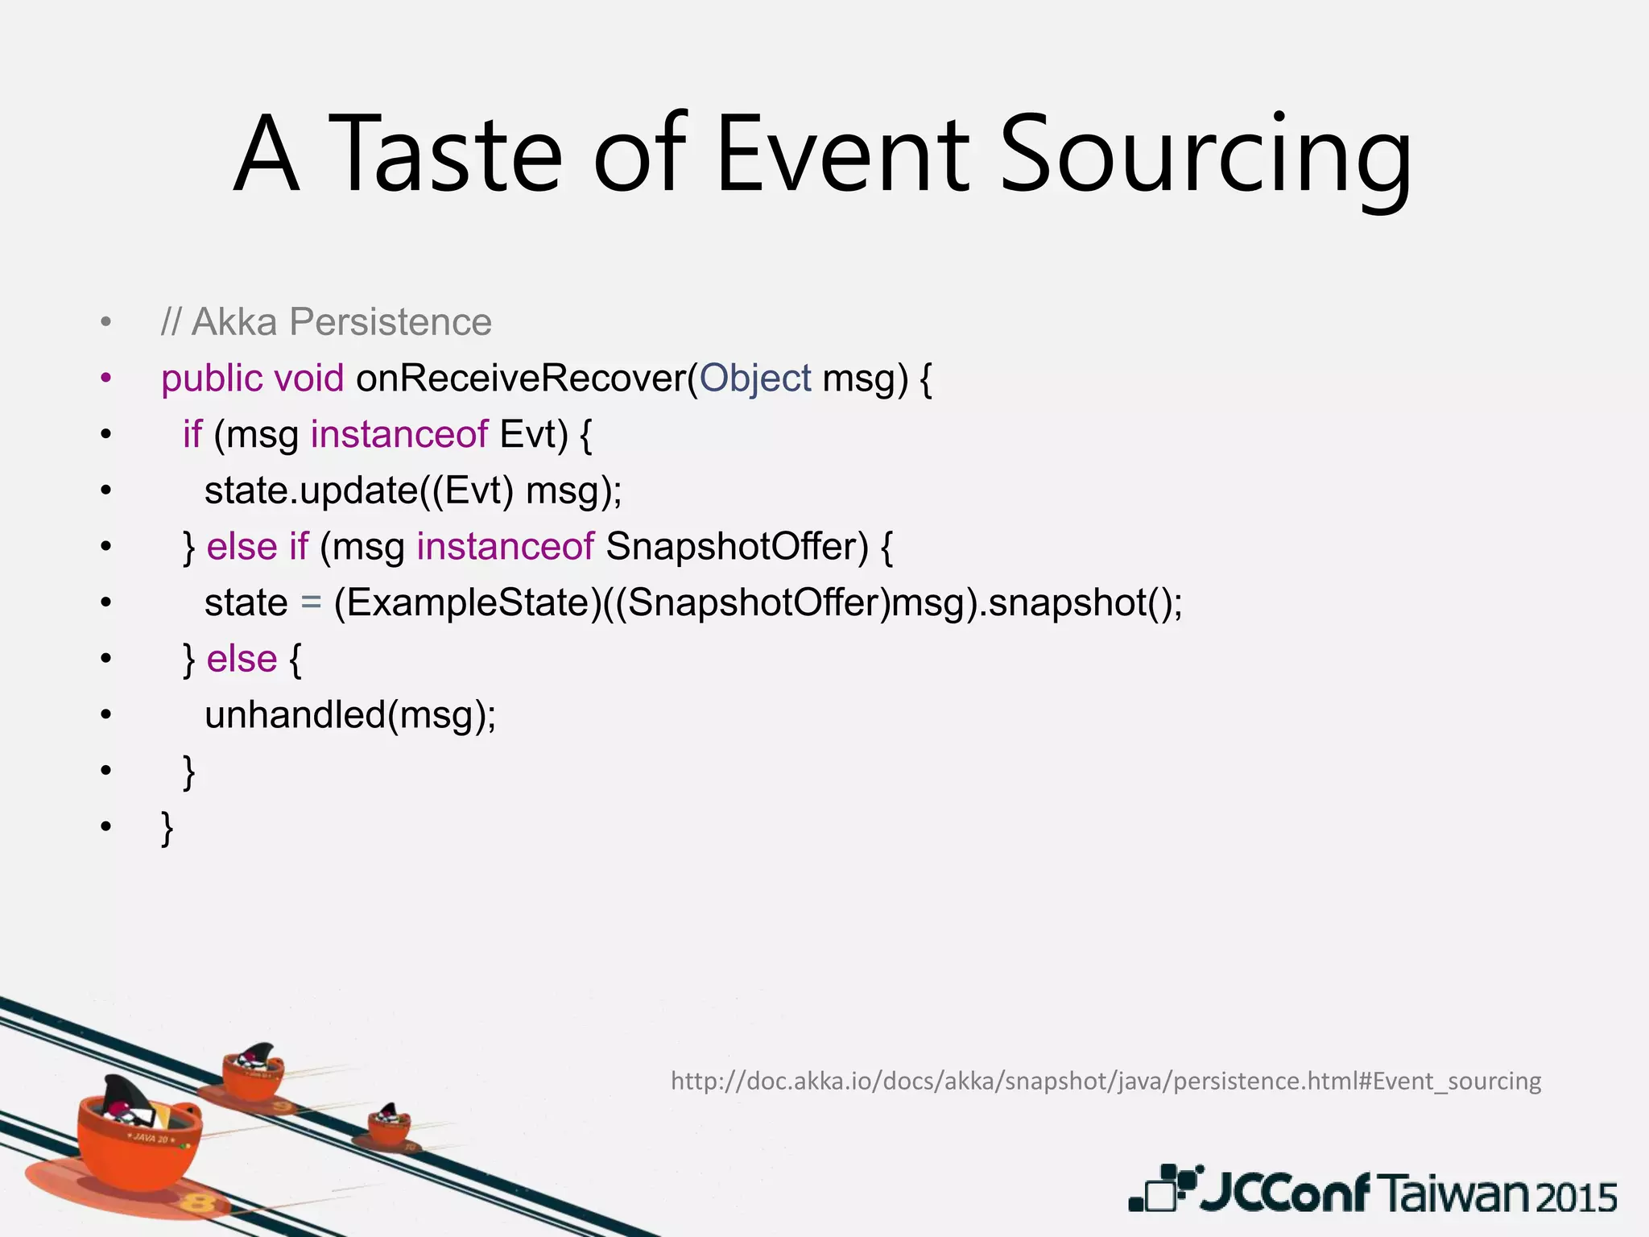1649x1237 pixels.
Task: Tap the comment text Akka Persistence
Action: tap(341, 322)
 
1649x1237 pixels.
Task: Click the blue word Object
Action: tap(755, 379)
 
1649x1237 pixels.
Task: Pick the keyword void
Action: tap(309, 379)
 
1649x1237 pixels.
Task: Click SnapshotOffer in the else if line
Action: tap(737, 546)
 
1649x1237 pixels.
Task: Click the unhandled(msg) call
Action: tap(350, 715)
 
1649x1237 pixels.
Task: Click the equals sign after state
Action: tap(311, 603)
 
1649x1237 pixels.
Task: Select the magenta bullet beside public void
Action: tap(106, 379)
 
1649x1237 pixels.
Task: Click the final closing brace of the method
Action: tap(167, 828)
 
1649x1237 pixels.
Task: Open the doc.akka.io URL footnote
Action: tap(1106, 1081)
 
